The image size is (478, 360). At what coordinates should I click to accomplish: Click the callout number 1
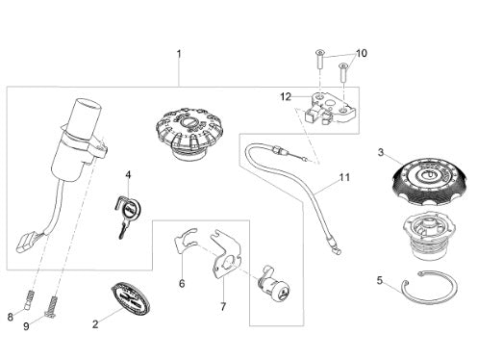179,54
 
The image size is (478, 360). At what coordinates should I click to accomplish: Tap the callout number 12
286,96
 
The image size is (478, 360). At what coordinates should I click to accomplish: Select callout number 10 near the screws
362,53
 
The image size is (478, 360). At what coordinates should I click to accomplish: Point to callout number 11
344,177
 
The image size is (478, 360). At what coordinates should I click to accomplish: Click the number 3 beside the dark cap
381,152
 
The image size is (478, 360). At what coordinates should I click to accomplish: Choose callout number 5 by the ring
380,281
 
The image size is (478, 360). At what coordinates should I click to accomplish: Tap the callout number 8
11,318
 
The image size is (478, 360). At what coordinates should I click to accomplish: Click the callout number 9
26,326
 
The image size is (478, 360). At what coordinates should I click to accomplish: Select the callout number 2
95,324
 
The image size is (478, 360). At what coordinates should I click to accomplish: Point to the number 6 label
182,284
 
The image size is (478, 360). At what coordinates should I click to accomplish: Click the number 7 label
223,307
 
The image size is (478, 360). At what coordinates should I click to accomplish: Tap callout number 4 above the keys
128,175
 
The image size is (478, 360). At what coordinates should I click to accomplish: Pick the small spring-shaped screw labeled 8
30,299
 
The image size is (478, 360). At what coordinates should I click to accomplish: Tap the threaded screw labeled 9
53,307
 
